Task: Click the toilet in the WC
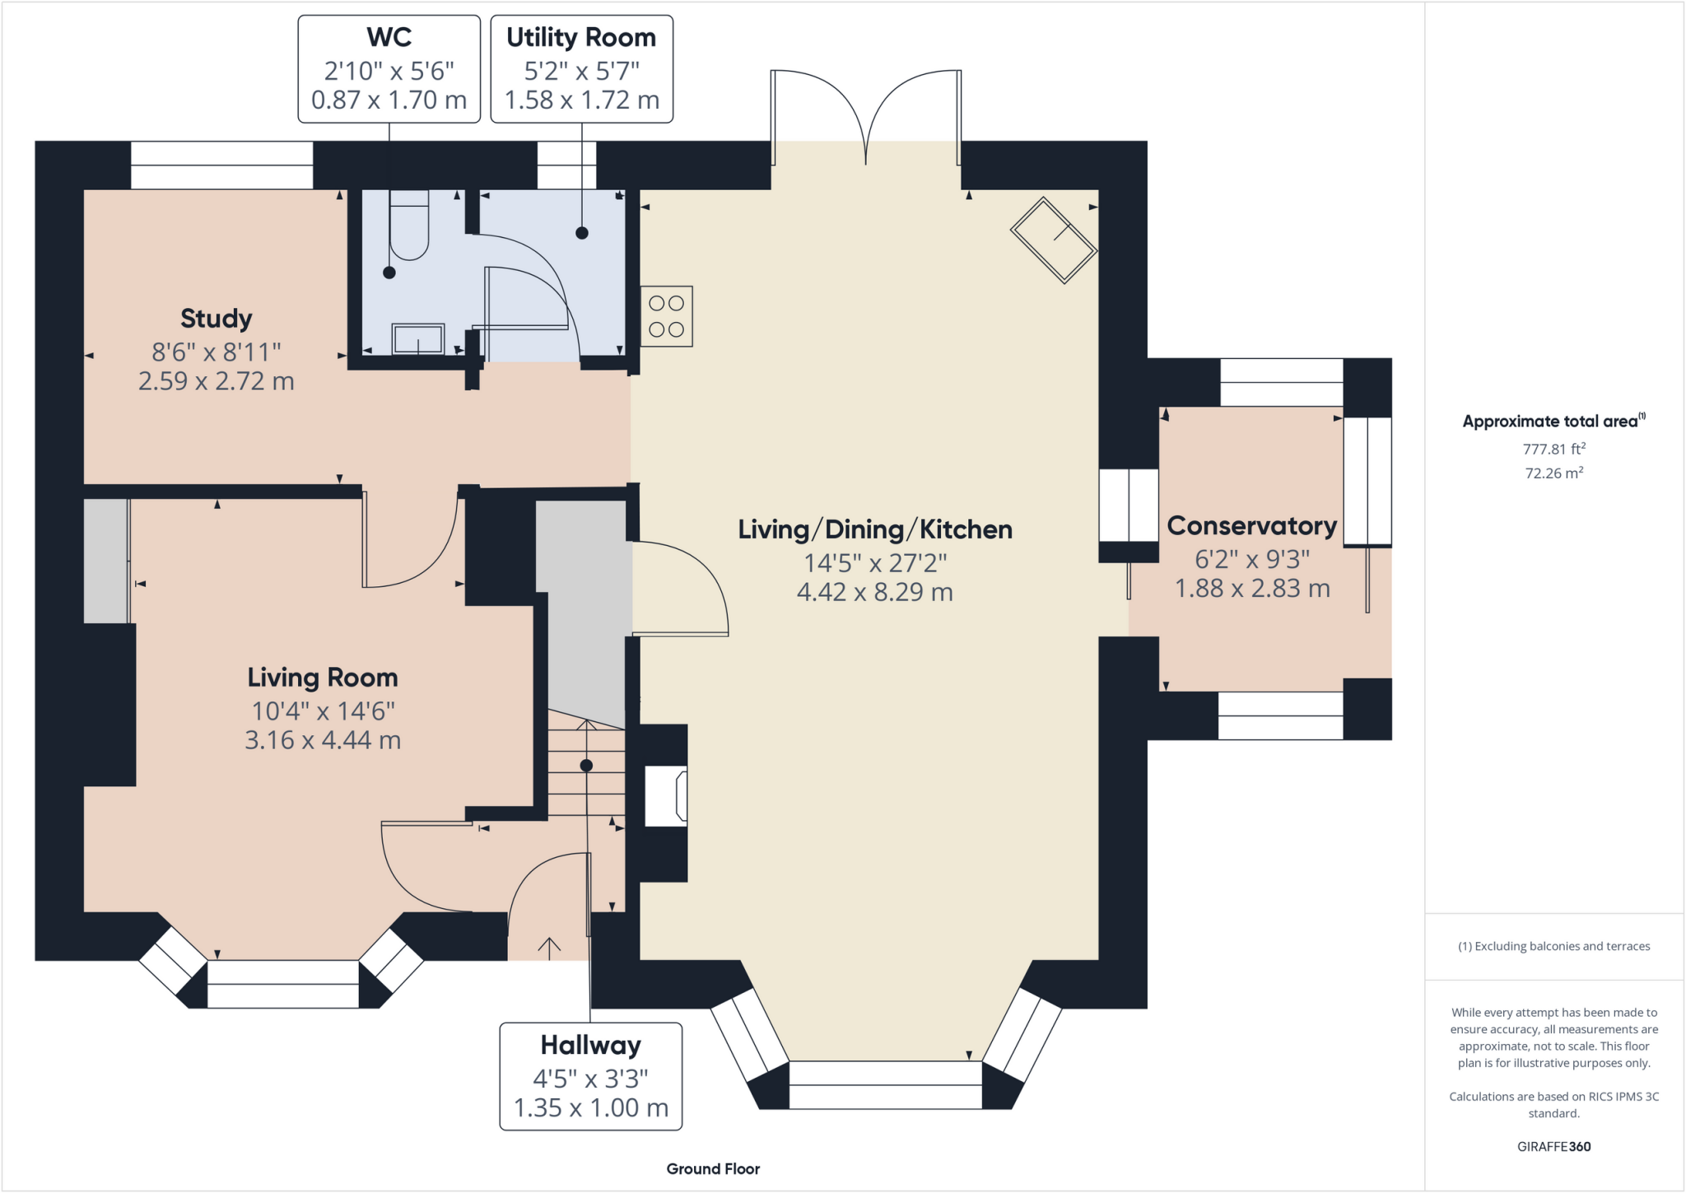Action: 409,225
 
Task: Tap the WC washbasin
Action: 418,338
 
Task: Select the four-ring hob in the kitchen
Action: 667,316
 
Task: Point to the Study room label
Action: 217,319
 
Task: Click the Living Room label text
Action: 323,678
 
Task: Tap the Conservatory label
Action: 1252,525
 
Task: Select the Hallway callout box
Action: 591,1076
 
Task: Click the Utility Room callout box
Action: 582,69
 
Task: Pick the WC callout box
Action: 389,69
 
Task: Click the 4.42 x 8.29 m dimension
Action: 875,592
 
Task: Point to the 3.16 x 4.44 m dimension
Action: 323,740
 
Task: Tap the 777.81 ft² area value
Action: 1554,449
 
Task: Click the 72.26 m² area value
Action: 1554,473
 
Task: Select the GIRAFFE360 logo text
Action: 1554,1146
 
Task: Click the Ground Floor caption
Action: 713,1169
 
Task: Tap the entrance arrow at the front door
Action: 549,948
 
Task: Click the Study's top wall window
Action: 222,165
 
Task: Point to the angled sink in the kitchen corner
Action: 1054,240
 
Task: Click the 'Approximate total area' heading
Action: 1554,421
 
